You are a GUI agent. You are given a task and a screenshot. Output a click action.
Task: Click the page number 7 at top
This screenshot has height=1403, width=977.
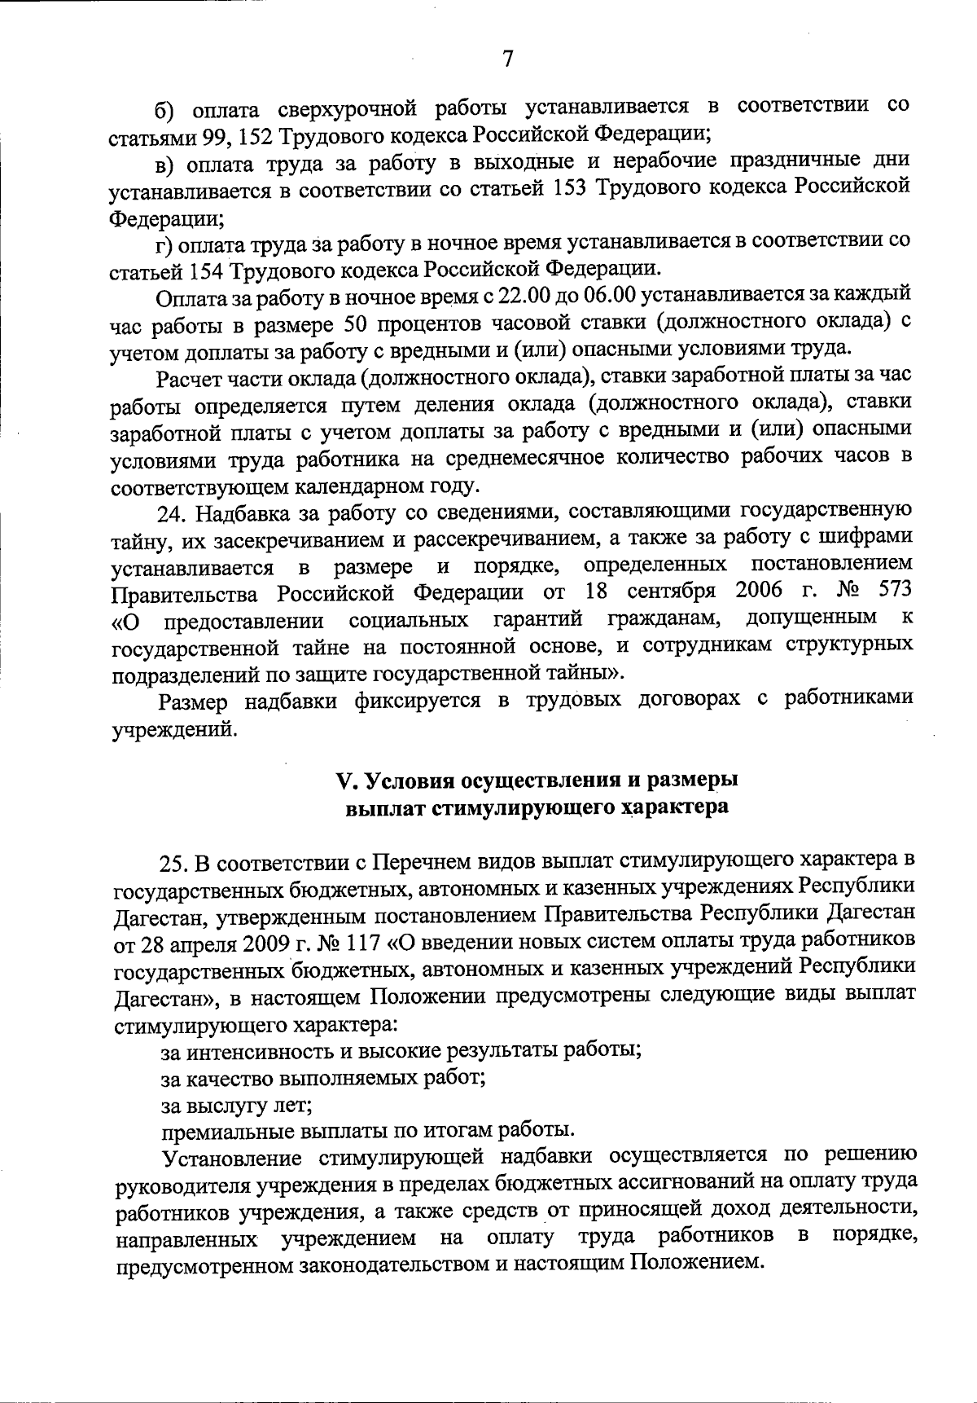tap(507, 59)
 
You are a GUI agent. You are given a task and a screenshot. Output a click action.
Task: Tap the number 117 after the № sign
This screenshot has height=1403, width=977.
tap(364, 942)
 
